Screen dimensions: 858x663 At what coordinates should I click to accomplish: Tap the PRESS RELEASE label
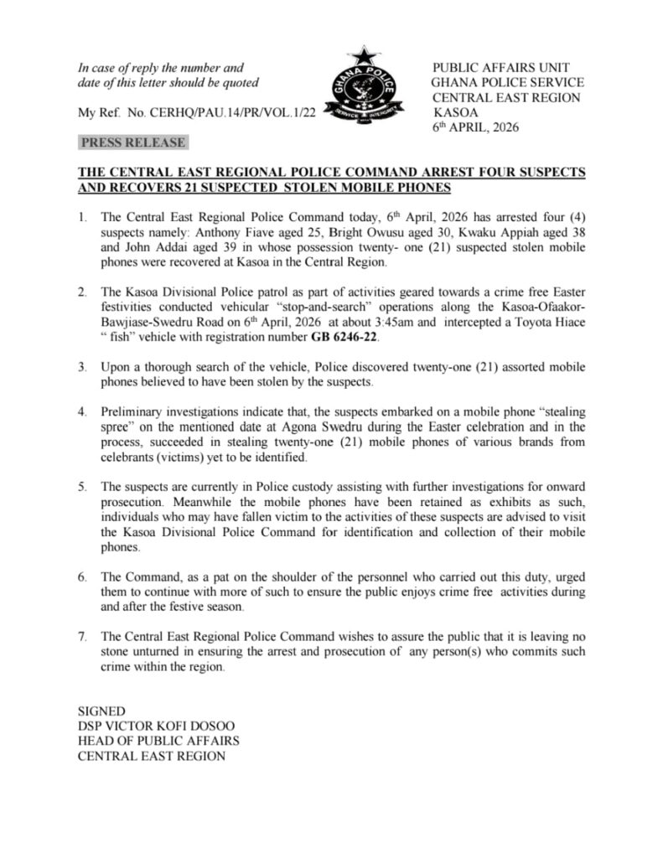(132, 142)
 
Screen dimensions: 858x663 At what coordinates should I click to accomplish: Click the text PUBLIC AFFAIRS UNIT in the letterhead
(495, 67)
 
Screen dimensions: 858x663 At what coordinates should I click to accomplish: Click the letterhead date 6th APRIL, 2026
(475, 127)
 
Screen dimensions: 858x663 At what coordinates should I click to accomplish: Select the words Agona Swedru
(275, 427)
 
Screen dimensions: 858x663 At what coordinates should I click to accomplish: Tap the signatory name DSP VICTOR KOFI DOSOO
(151, 726)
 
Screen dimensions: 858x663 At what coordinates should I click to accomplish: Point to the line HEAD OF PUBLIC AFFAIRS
(158, 741)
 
